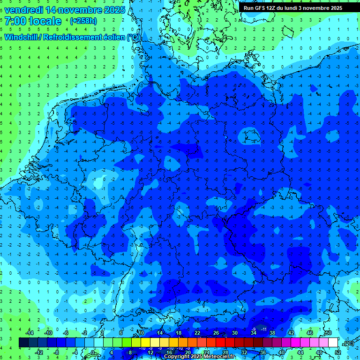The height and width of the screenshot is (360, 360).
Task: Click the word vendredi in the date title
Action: click(x=23, y=9)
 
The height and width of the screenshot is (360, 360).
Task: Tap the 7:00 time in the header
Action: click(x=15, y=21)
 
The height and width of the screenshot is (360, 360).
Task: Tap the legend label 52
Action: click(x=338, y=352)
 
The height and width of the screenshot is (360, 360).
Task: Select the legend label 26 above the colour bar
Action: click(x=216, y=333)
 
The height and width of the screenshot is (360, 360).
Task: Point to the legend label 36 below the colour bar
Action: click(x=263, y=352)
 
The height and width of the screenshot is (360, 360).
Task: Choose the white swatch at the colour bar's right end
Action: click(x=333, y=343)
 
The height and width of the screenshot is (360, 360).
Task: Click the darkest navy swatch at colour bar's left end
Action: click(x=23, y=343)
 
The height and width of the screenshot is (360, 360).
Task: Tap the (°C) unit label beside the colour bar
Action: click(x=348, y=343)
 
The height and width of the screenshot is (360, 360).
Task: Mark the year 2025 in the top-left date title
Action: click(x=114, y=9)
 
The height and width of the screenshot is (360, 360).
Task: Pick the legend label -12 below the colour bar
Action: click(x=39, y=352)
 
